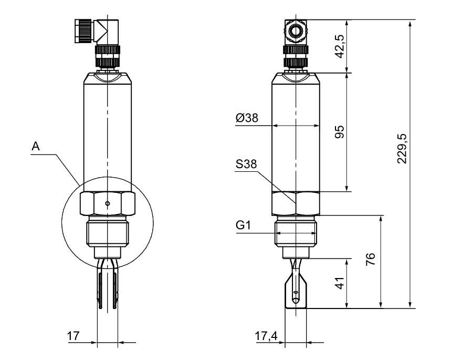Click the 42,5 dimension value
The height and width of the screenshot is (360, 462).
pyautogui.click(x=340, y=46)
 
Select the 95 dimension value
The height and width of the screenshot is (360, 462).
pyautogui.click(x=340, y=132)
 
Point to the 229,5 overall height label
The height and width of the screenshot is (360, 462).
pyautogui.click(x=402, y=148)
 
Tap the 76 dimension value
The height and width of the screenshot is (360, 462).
pyautogui.click(x=371, y=259)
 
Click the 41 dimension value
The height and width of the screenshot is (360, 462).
pyautogui.click(x=340, y=283)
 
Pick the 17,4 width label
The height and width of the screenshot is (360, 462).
pyautogui.click(x=266, y=336)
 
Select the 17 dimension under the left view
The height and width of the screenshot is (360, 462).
pyautogui.click(x=73, y=336)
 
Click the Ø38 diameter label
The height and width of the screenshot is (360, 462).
pyautogui.click(x=247, y=118)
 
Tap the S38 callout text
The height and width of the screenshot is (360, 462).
pyautogui.click(x=246, y=164)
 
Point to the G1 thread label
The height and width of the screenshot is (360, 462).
pyautogui.click(x=243, y=225)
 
